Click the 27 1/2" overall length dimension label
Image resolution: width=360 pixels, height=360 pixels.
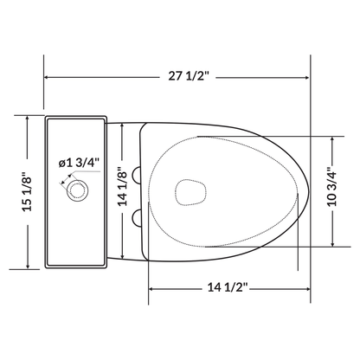tap(179, 77)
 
